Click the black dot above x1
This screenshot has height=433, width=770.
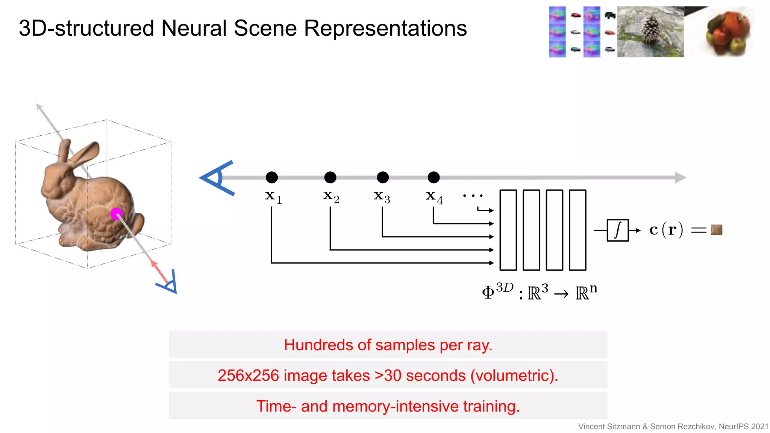pos(271,177)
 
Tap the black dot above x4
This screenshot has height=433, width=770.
pos(434,177)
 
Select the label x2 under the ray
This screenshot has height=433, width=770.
pos(331,197)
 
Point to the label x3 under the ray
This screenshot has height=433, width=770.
pos(382,197)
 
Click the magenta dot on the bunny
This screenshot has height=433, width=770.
pos(116,213)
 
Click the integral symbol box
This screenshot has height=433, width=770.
pos(617,230)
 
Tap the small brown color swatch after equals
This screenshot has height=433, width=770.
pos(716,230)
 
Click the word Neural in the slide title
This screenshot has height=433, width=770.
pos(194,28)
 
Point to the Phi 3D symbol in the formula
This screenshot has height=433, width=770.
pos(497,291)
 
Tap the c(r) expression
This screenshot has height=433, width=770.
pos(666,230)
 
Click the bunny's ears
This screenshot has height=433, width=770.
pos(81,154)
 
